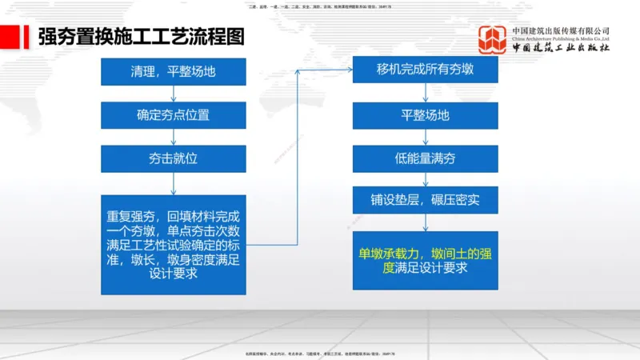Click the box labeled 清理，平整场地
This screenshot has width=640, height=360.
click(173, 71)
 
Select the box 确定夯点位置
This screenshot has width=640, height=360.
click(173, 114)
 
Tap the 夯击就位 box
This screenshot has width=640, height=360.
click(173, 158)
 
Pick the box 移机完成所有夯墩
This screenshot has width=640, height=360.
click(425, 70)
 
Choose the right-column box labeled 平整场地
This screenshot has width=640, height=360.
click(425, 114)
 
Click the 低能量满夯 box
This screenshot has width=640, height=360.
click(425, 158)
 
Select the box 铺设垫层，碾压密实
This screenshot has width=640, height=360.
click(425, 199)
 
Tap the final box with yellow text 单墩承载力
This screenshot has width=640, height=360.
click(425, 261)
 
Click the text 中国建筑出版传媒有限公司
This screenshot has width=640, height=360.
click(561, 31)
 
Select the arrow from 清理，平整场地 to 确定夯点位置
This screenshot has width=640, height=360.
click(173, 93)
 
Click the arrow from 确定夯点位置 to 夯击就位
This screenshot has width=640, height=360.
click(173, 136)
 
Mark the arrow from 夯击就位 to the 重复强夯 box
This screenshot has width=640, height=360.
click(173, 183)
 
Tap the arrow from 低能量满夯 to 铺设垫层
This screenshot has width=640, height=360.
click(425, 178)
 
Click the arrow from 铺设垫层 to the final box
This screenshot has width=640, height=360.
click(425, 222)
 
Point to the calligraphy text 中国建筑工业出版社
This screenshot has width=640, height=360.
click(561, 48)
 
